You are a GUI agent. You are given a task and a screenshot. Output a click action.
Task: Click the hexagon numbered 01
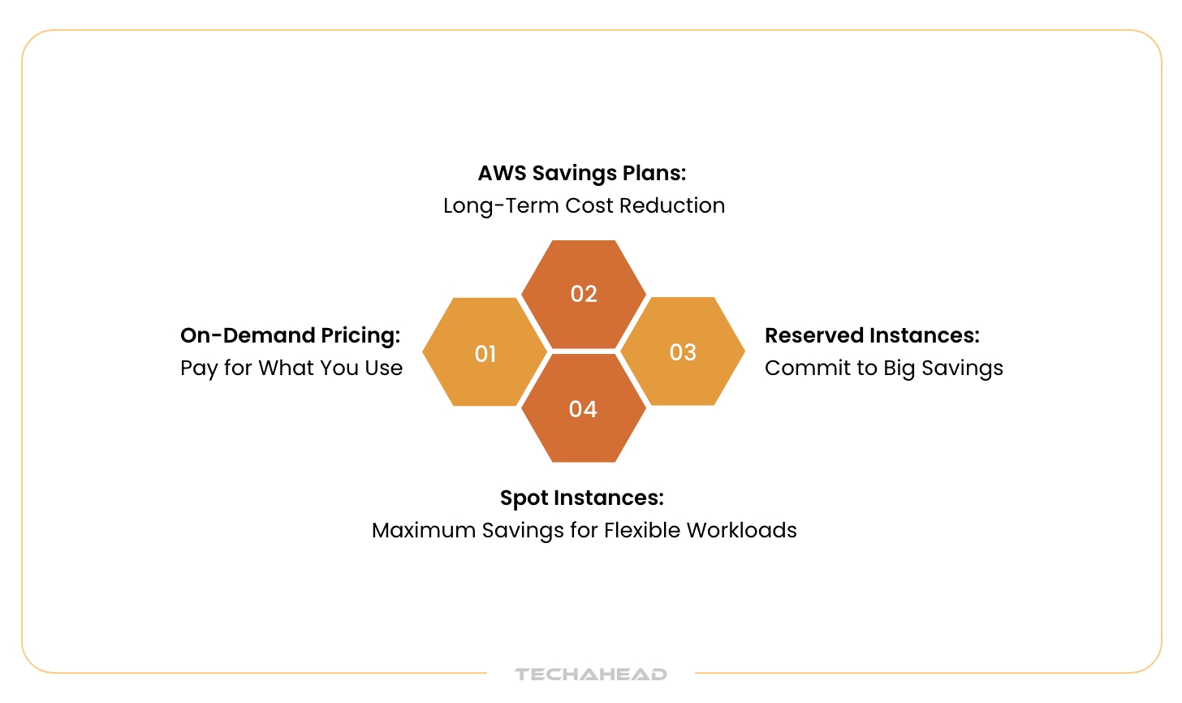pos(485,352)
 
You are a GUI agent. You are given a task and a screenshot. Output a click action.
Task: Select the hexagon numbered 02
pos(584,294)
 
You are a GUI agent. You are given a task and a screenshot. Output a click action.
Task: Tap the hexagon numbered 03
pos(683,351)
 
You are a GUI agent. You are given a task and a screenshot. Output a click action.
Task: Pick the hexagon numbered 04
pos(584,408)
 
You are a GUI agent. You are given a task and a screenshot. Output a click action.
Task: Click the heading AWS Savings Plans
pos(582,173)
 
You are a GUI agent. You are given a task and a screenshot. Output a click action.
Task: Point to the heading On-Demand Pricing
pos(290,335)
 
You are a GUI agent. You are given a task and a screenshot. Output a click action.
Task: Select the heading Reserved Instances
pos(872,335)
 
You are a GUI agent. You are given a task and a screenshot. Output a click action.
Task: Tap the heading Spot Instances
pos(582,498)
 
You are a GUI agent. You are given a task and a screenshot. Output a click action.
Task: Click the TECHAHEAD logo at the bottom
pos(591,674)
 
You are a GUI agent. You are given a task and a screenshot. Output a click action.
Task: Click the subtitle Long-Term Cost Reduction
pos(584,205)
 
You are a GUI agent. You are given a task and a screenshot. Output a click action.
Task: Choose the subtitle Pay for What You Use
pos(291,368)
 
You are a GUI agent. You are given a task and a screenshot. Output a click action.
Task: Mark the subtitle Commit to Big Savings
pos(883,368)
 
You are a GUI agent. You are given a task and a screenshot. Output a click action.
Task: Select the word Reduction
pos(672,205)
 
